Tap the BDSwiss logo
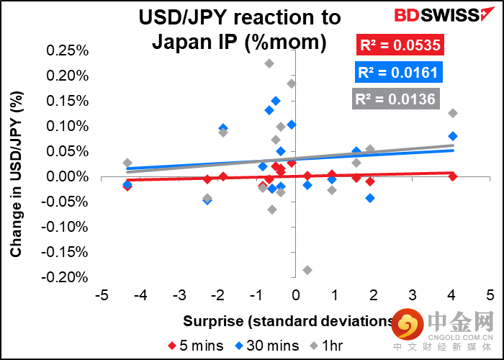point(426,15)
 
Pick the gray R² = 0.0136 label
point(395,99)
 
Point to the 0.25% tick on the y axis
point(67,50)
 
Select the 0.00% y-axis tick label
point(67,176)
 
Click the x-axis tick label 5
point(490,295)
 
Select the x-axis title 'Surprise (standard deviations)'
point(288,320)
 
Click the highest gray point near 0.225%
point(269,63)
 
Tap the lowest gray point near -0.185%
point(307,270)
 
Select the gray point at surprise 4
point(453,113)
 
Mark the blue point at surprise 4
point(453,136)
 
